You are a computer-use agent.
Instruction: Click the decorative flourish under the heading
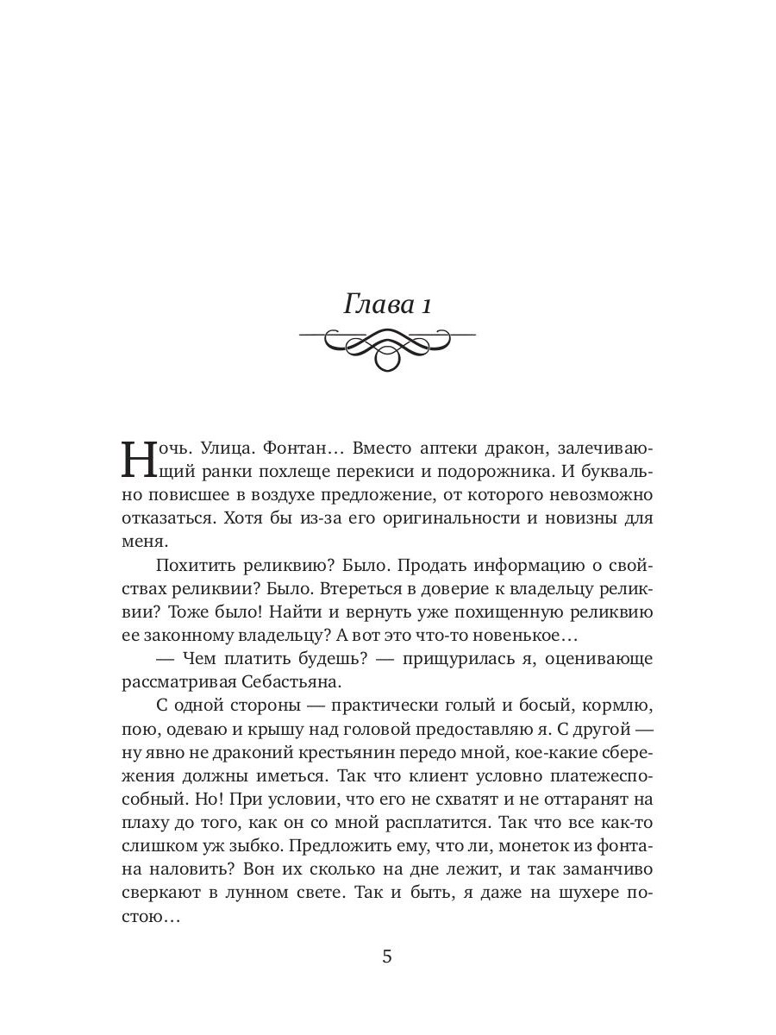point(387,347)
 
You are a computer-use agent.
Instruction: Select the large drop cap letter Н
point(141,461)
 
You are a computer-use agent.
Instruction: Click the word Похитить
point(197,565)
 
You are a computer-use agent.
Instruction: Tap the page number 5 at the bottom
point(387,957)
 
